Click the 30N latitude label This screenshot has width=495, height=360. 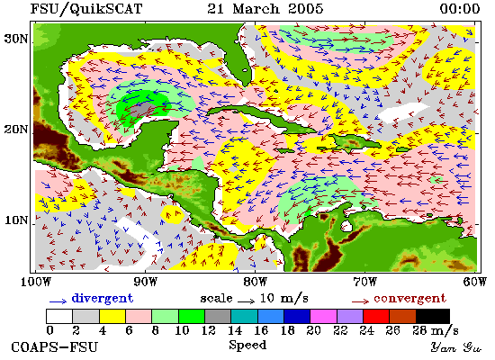[x=15, y=39]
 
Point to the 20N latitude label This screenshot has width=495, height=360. [x=16, y=130]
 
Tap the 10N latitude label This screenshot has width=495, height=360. [x=16, y=220]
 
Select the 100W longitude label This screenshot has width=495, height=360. [x=36, y=282]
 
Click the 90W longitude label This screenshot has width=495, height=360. [x=145, y=282]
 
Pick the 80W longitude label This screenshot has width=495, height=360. [x=255, y=282]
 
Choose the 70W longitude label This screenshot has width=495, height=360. [x=364, y=282]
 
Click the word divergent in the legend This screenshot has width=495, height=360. [x=103, y=298]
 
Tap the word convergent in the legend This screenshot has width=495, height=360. [x=409, y=298]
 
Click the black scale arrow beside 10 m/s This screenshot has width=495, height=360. [x=246, y=301]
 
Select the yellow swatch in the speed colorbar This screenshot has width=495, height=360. [x=112, y=316]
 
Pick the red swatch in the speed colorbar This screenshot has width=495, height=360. [x=376, y=316]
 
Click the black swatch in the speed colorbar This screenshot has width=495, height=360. [x=433, y=316]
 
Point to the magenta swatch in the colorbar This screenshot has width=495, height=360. [x=323, y=316]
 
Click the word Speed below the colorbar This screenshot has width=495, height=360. [x=247, y=345]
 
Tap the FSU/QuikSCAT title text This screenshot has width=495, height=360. [x=86, y=8]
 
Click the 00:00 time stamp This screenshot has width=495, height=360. [x=460, y=8]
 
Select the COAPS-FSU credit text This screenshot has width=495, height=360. [x=54, y=347]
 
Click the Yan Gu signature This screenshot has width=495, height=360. [x=455, y=347]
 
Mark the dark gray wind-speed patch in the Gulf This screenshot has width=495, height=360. [x=142, y=109]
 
